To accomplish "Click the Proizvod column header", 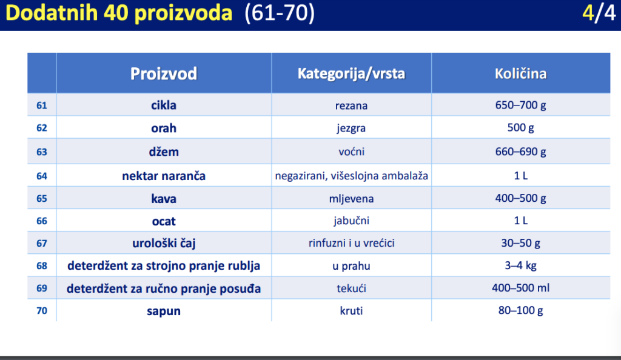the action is (x=164, y=74).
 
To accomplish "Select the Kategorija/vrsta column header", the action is (x=351, y=73).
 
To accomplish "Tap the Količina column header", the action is (x=520, y=73).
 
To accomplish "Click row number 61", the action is (x=42, y=105).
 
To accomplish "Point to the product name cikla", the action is (x=164, y=105).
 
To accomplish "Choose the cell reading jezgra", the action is (x=351, y=128).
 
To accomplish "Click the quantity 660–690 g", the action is (x=520, y=152).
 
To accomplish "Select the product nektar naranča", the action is (x=164, y=176).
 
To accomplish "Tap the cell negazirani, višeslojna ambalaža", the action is (x=351, y=176).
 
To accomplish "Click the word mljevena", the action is (x=351, y=199).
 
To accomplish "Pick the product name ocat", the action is (x=164, y=221).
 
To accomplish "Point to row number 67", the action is (x=42, y=243).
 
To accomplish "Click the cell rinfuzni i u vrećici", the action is (x=351, y=243).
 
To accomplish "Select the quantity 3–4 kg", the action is (x=520, y=265).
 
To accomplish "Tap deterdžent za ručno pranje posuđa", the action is (x=164, y=288).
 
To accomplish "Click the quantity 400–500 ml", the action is (x=520, y=288).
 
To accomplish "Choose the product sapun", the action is (x=164, y=312).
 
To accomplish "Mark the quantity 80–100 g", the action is (x=520, y=310).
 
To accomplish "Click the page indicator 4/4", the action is (x=599, y=13).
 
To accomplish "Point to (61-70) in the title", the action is (x=279, y=13).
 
